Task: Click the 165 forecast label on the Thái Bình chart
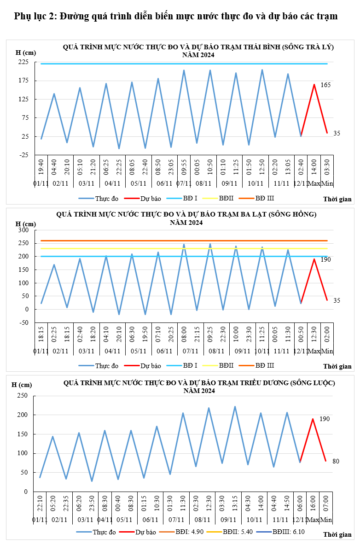[x=325, y=85]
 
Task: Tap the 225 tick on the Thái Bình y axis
[x=23, y=62]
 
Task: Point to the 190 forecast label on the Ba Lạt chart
[x=325, y=260]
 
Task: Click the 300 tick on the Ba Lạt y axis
[x=23, y=230]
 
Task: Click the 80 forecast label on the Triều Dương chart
[x=336, y=461]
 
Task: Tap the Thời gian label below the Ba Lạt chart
[x=337, y=367]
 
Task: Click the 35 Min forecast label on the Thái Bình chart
[x=337, y=133]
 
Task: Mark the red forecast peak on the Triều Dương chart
[x=313, y=419]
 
